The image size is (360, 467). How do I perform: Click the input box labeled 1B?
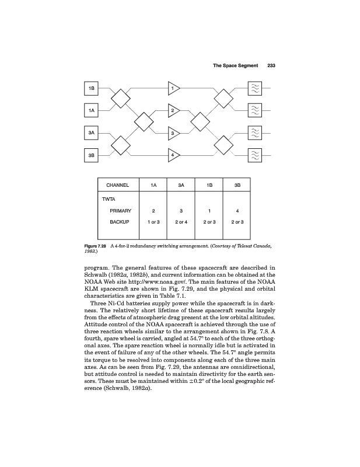tap(92, 88)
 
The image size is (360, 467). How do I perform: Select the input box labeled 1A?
tap(92, 110)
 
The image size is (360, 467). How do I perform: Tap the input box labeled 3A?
tap(92, 134)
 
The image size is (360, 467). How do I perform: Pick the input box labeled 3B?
tap(92, 156)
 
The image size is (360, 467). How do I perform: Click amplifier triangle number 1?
tap(173, 88)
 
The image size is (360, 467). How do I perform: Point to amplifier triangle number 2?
tap(173, 110)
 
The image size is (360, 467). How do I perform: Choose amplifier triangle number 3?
tap(173, 134)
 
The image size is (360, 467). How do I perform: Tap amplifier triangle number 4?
tap(173, 155)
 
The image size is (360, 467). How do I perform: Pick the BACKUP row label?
tap(121, 222)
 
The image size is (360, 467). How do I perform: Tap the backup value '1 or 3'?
tap(153, 222)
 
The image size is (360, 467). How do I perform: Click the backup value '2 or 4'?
tap(181, 222)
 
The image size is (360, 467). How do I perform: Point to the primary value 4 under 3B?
tap(237, 210)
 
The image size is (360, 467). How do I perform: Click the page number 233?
tap(271, 65)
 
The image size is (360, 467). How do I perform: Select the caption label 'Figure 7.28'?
tap(96, 246)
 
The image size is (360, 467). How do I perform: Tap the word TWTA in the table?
tap(109, 198)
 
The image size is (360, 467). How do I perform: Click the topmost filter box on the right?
tap(255, 88)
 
